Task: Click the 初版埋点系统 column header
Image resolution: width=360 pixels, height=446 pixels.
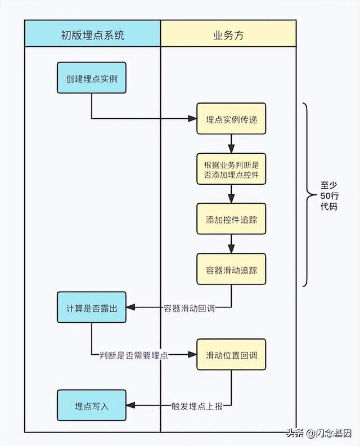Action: pyautogui.click(x=92, y=35)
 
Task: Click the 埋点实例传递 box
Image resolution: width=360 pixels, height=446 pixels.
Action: pyautogui.click(x=231, y=119)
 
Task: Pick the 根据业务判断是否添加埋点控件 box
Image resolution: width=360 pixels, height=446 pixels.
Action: pyautogui.click(x=231, y=169)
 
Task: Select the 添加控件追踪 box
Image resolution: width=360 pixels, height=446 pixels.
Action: pyautogui.click(x=231, y=218)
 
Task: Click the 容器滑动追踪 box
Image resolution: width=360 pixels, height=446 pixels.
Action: pyautogui.click(x=231, y=269)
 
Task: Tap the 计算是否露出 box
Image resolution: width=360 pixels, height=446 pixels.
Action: pyautogui.click(x=91, y=307)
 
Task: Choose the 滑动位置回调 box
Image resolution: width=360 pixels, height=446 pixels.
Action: pyautogui.click(x=231, y=355)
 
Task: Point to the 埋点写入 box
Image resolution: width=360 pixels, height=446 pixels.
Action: pyautogui.click(x=91, y=404)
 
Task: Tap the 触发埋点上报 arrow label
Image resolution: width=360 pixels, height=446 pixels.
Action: pyautogui.click(x=200, y=405)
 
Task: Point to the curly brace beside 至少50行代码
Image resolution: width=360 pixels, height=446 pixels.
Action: pyautogui.click(x=307, y=195)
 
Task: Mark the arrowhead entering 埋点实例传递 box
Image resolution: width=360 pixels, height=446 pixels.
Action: pyautogui.click(x=192, y=119)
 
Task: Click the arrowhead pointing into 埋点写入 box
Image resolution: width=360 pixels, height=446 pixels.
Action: pyautogui.click(x=130, y=404)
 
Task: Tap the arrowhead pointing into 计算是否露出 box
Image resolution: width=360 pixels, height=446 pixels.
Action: pyautogui.click(x=130, y=307)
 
